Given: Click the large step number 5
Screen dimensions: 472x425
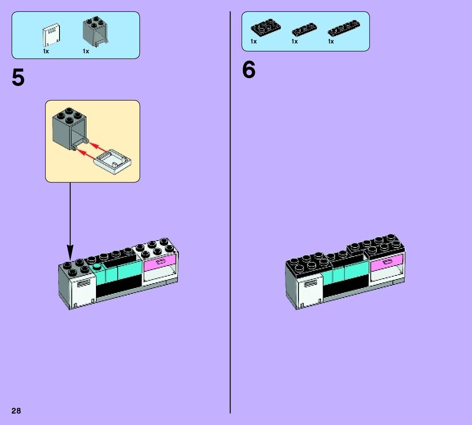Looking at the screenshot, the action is [18, 78].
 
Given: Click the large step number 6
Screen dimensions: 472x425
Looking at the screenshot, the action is [249, 70].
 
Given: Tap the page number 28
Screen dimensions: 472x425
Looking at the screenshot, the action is [16, 411].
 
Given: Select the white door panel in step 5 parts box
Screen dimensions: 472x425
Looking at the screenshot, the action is [51, 35].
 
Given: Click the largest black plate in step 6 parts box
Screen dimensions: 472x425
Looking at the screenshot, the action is [265, 27].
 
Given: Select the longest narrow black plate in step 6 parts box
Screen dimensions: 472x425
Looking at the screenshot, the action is [344, 28].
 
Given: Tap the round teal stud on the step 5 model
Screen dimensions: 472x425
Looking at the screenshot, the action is [97, 267].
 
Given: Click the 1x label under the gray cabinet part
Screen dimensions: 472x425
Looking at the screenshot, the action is [86, 51].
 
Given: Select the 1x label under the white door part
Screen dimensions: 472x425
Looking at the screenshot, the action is [46, 51].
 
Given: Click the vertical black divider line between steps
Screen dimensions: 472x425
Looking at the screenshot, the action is [230, 205].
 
